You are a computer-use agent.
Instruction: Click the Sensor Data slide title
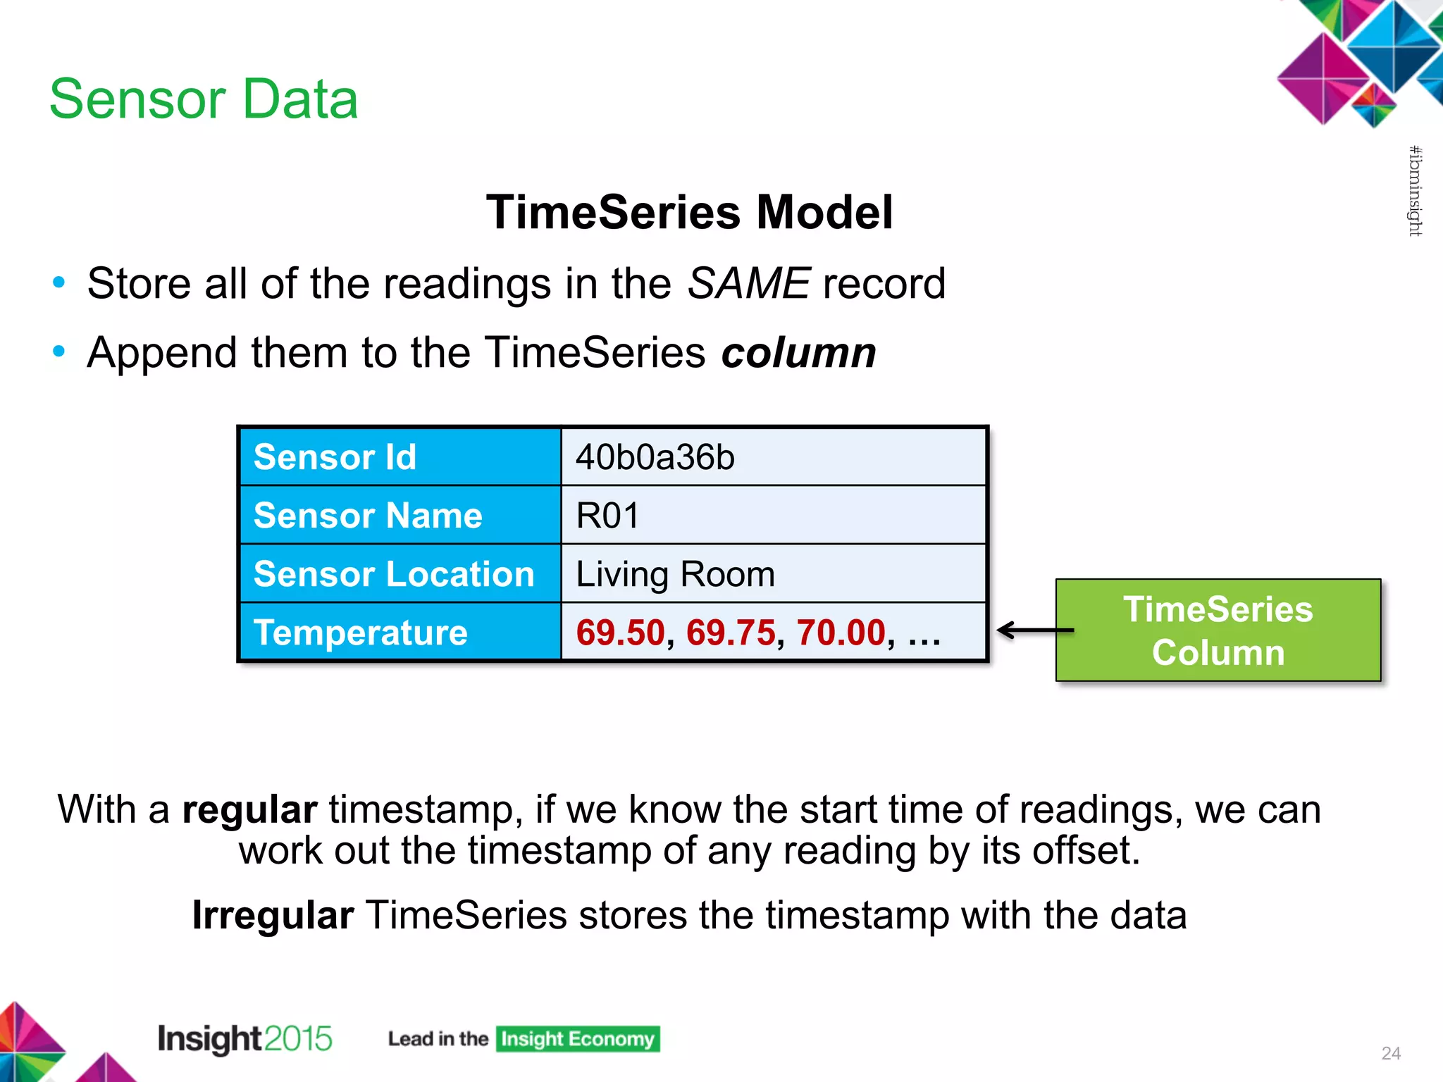pyautogui.click(x=204, y=99)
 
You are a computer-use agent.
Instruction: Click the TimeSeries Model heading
pyautogui.click(x=689, y=212)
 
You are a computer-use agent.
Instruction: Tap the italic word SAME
pyautogui.click(x=749, y=284)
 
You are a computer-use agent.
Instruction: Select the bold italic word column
pyautogui.click(x=798, y=353)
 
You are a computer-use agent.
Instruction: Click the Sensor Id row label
pyautogui.click(x=335, y=457)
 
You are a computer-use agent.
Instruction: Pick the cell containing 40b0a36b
pyautogui.click(x=773, y=457)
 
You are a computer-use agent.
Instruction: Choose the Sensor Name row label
pyautogui.click(x=368, y=516)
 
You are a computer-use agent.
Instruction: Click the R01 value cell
pyautogui.click(x=773, y=516)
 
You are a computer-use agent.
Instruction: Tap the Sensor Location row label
pyautogui.click(x=394, y=574)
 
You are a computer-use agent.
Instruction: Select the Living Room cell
pyautogui.click(x=773, y=574)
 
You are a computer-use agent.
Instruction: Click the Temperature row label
pyautogui.click(x=360, y=633)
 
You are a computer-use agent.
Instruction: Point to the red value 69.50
pyautogui.click(x=620, y=633)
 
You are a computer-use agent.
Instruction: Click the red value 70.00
pyautogui.click(x=841, y=633)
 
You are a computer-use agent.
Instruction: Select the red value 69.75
pyautogui.click(x=731, y=633)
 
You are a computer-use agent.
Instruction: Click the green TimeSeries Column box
pyautogui.click(x=1218, y=630)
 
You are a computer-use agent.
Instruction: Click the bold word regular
pyautogui.click(x=249, y=809)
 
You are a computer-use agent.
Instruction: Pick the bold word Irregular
pyautogui.click(x=273, y=916)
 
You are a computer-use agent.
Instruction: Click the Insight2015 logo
pyautogui.click(x=244, y=1039)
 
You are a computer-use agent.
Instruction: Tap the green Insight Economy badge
pyautogui.click(x=577, y=1039)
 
